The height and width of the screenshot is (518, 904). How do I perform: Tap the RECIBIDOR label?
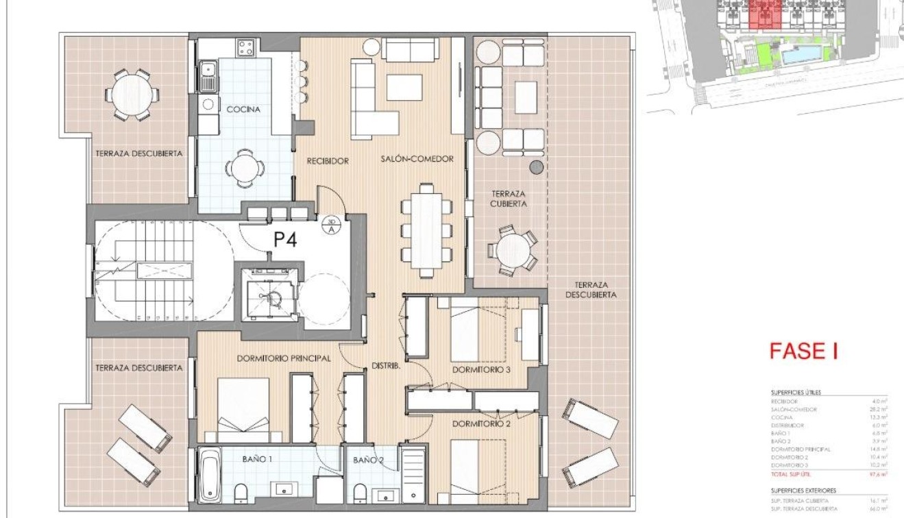point(327,161)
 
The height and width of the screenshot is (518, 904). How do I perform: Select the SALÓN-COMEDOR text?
point(417,159)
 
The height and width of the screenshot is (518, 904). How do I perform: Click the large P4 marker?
point(284,241)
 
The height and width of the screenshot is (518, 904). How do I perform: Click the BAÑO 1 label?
point(257,460)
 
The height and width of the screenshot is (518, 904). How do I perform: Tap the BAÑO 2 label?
point(368,460)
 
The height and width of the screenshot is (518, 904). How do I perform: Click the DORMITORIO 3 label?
point(481,370)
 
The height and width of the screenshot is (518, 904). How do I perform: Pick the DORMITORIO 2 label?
point(481,424)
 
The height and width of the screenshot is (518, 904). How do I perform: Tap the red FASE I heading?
point(803,351)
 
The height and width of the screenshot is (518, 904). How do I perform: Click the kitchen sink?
point(208,75)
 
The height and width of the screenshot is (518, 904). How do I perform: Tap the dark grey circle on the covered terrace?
point(537,166)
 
